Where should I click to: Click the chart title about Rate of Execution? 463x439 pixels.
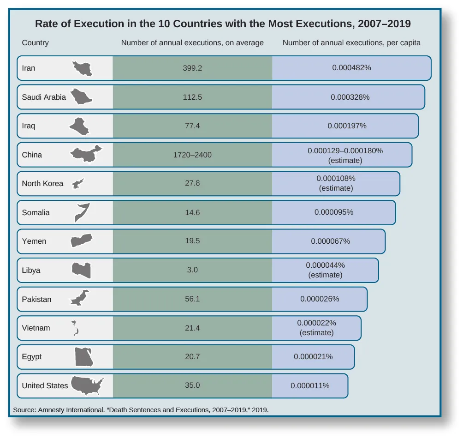(x=223, y=24)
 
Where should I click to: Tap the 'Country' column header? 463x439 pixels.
(x=35, y=43)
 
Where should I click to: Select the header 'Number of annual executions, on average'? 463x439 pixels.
(x=192, y=43)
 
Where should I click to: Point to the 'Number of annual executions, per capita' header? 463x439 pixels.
(x=351, y=43)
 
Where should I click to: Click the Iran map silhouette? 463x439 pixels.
(x=83, y=68)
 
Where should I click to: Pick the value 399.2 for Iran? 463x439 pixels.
(x=192, y=68)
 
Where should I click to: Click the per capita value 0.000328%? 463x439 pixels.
(x=350, y=97)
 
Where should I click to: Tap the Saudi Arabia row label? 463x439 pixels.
(x=44, y=97)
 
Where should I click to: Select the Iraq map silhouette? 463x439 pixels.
(x=79, y=126)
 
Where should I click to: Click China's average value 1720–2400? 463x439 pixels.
(x=192, y=155)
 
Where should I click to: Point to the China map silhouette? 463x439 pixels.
(x=86, y=154)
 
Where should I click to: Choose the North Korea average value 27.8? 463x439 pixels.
(x=192, y=183)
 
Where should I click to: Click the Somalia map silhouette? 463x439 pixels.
(x=82, y=212)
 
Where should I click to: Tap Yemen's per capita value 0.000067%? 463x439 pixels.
(x=330, y=241)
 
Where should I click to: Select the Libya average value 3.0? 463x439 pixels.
(x=192, y=270)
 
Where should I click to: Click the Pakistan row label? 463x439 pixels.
(x=36, y=299)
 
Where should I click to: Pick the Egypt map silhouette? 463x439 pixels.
(x=84, y=357)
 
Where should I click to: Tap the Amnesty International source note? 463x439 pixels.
(x=141, y=409)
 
